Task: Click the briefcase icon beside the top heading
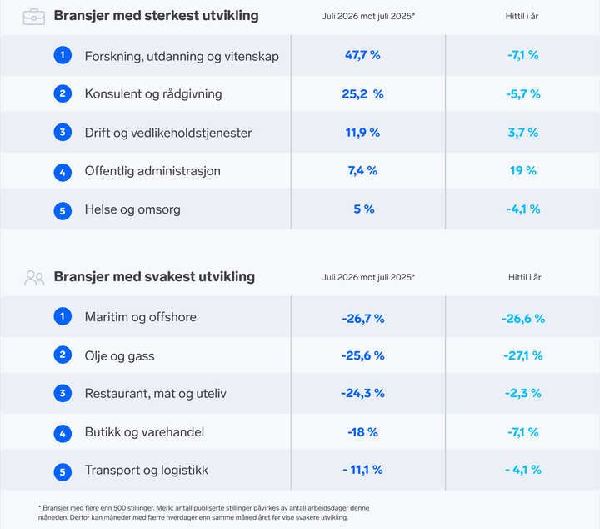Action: pyautogui.click(x=33, y=18)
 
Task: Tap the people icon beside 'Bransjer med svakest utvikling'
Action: pyautogui.click(x=34, y=278)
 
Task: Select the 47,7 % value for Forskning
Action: pyautogui.click(x=362, y=55)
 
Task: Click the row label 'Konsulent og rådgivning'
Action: pyautogui.click(x=153, y=93)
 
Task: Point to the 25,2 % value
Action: pyautogui.click(x=362, y=93)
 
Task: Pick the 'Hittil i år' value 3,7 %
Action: pyautogui.click(x=523, y=133)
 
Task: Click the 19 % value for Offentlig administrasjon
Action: pyautogui.click(x=523, y=170)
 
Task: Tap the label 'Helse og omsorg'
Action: pyautogui.click(x=132, y=209)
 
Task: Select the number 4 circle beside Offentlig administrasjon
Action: pyautogui.click(x=62, y=173)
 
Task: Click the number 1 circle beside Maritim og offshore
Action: pyautogui.click(x=62, y=316)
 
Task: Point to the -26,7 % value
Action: pyautogui.click(x=363, y=319)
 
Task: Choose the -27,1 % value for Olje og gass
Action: pyautogui.click(x=523, y=355)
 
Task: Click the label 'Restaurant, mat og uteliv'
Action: pyautogui.click(x=155, y=394)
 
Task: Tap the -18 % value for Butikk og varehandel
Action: pyautogui.click(x=362, y=432)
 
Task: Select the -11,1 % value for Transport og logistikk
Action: pyautogui.click(x=362, y=470)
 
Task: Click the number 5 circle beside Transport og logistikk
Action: pyautogui.click(x=62, y=472)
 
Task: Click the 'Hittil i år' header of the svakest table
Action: pyautogui.click(x=525, y=277)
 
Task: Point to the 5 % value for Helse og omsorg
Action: pyautogui.click(x=364, y=209)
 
